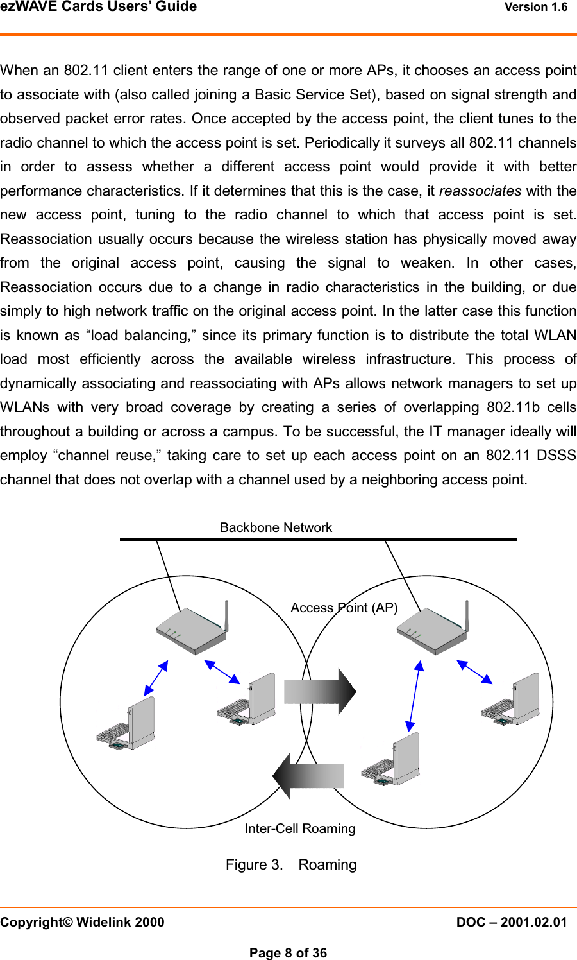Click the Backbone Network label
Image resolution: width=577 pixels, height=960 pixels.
tap(276, 527)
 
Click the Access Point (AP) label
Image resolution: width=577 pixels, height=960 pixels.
tap(344, 608)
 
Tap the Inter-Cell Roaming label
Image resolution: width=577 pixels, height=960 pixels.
tap(299, 828)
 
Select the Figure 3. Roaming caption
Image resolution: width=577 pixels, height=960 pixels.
tap(290, 864)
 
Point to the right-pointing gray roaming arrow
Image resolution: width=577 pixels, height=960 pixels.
tap(319, 691)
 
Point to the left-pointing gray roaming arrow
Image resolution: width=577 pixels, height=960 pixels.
tap(308, 775)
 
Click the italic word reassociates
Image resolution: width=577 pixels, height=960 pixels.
tap(480, 191)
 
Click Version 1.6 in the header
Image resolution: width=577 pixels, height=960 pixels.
tap(535, 7)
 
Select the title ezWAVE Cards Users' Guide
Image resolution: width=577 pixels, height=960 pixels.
tap(99, 7)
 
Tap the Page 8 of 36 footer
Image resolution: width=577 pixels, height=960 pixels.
tap(288, 953)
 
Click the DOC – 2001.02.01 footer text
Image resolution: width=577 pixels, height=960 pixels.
tap(511, 922)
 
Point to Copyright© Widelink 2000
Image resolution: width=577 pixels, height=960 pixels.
tap(82, 922)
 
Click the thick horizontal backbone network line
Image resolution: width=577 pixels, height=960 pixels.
tap(317, 540)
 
